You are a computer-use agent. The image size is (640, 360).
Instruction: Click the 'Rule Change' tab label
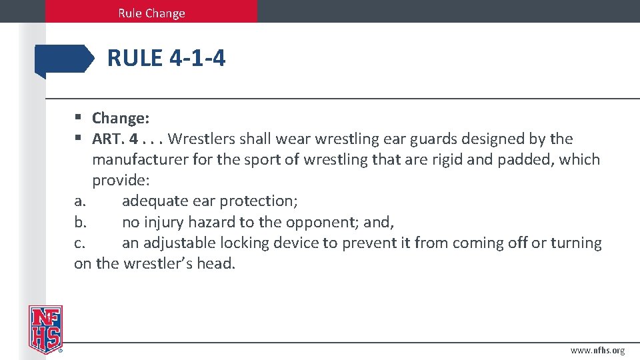click(x=151, y=13)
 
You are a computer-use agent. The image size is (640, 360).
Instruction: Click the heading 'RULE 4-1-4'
click(x=166, y=59)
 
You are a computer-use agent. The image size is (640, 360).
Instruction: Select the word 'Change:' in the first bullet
click(x=121, y=119)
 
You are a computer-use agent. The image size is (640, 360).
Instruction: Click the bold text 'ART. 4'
click(x=115, y=139)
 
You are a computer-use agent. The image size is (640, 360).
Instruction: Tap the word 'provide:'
click(x=121, y=181)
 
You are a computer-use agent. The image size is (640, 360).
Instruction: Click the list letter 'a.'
click(x=81, y=201)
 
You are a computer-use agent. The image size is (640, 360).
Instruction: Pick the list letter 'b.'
click(x=81, y=222)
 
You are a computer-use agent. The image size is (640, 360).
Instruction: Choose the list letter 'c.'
click(x=80, y=243)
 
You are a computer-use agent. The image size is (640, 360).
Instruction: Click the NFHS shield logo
click(x=45, y=329)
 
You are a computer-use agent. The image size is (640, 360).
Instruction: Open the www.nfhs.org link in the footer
click(x=597, y=351)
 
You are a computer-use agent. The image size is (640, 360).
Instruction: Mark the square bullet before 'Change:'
click(x=78, y=118)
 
